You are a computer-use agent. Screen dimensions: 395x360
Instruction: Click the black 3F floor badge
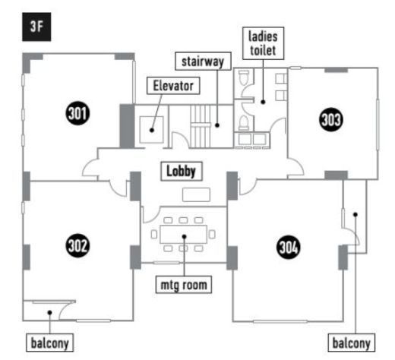(x=36, y=27)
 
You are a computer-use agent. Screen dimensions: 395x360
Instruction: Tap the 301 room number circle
(x=77, y=113)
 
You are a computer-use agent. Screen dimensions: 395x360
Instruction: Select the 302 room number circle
(x=77, y=245)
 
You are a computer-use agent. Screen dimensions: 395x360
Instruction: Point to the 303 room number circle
(x=331, y=119)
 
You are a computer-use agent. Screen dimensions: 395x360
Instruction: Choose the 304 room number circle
(x=289, y=247)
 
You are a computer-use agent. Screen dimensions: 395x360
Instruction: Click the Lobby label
(x=182, y=172)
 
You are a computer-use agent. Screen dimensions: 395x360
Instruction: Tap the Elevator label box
(x=173, y=86)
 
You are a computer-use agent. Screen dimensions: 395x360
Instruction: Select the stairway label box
(x=203, y=62)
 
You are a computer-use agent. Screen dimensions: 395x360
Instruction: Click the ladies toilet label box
(x=263, y=43)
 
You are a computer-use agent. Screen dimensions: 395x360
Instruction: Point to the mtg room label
(x=184, y=285)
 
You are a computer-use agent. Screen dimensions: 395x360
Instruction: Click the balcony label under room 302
(x=49, y=343)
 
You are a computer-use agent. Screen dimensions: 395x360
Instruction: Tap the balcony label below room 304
(x=351, y=343)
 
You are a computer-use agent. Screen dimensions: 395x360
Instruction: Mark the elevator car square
(x=151, y=130)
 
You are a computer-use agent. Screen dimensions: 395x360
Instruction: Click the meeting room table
(x=184, y=235)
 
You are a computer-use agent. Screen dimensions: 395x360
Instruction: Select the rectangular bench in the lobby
(x=196, y=194)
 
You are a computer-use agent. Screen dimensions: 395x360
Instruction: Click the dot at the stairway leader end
(x=217, y=125)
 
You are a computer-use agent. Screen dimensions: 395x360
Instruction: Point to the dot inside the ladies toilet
(x=263, y=102)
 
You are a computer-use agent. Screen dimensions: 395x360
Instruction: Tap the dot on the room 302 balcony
(x=50, y=313)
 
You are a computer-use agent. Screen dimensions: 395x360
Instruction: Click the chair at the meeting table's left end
(x=154, y=234)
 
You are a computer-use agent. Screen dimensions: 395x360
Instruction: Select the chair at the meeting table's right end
(x=212, y=234)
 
